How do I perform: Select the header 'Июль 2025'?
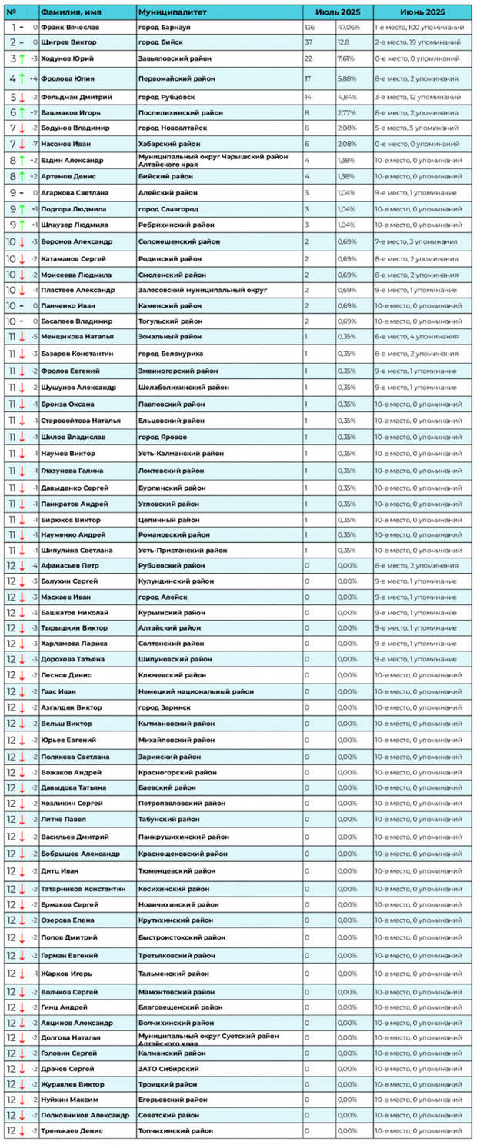pos(338,12)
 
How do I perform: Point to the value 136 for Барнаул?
pos(309,27)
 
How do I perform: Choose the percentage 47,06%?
pos(348,27)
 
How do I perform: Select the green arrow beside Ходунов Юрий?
pos(23,58)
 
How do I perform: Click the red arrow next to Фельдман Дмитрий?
pos(23,97)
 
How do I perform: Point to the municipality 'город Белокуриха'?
pos(171,353)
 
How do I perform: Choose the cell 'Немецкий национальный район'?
pos(195,691)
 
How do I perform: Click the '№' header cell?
pos(11,12)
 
